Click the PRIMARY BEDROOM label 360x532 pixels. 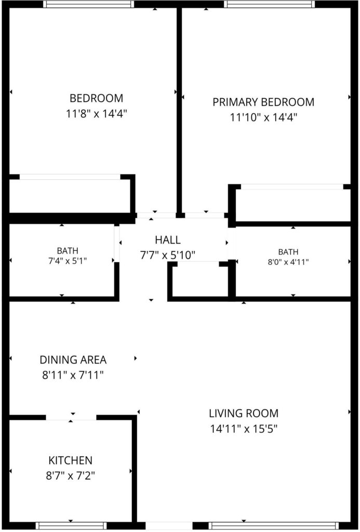point(263,102)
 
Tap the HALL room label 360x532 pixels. point(168,240)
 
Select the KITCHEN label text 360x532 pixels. point(70,460)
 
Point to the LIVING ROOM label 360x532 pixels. point(244,413)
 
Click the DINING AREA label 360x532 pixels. point(73,360)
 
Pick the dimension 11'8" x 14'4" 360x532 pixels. point(96,113)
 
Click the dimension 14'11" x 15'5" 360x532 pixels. point(244,429)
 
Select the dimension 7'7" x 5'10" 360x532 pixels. point(168,255)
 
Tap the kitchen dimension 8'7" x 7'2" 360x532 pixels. point(70,476)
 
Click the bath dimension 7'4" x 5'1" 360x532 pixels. point(68,261)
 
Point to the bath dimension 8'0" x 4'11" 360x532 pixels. point(288,262)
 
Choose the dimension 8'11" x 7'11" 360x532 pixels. point(73,375)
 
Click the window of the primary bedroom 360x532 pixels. point(270,4)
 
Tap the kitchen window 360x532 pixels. point(71,526)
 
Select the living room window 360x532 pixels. point(273,526)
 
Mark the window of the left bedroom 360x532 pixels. point(88,4)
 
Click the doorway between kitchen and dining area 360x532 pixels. point(71,417)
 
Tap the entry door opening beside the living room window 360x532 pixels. point(169,526)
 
